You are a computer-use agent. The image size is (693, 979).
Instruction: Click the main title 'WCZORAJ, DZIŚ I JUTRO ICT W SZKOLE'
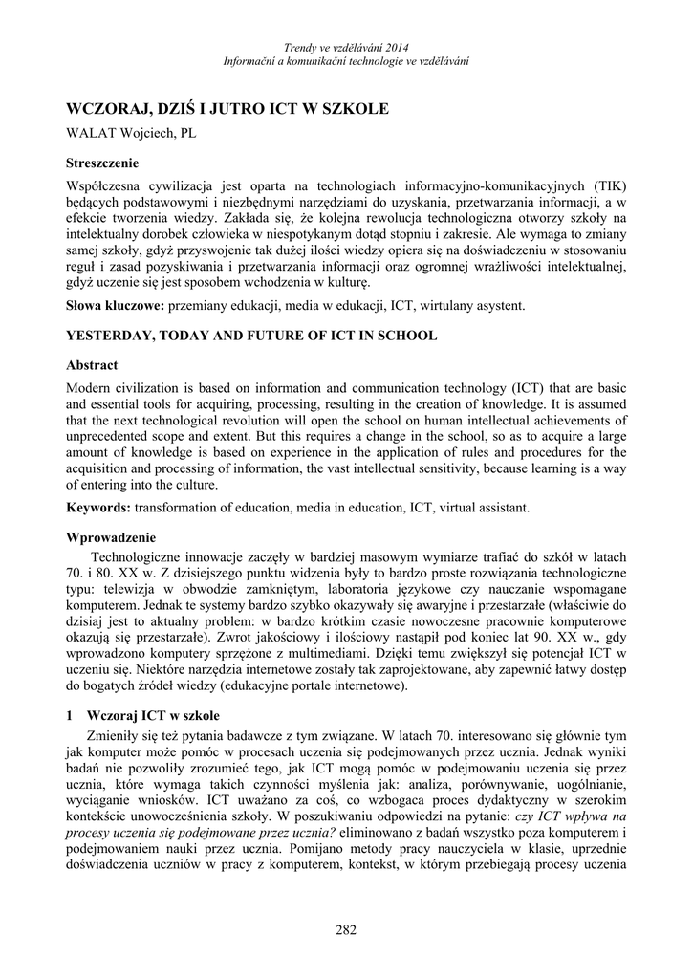(x=227, y=109)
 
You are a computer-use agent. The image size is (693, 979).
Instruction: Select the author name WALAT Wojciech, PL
(x=130, y=134)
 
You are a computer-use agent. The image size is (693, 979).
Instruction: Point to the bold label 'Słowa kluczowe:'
(x=115, y=306)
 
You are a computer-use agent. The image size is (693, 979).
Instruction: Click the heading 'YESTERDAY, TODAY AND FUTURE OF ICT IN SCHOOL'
(x=251, y=336)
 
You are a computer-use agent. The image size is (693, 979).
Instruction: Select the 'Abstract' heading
(x=92, y=365)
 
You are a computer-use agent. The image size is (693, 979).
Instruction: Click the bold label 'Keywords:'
(x=98, y=507)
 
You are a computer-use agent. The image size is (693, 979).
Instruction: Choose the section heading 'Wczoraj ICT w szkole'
(x=153, y=715)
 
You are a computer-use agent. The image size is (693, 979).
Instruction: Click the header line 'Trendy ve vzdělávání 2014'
(x=346, y=48)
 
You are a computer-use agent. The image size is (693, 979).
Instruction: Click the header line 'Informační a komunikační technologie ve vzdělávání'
(x=346, y=61)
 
